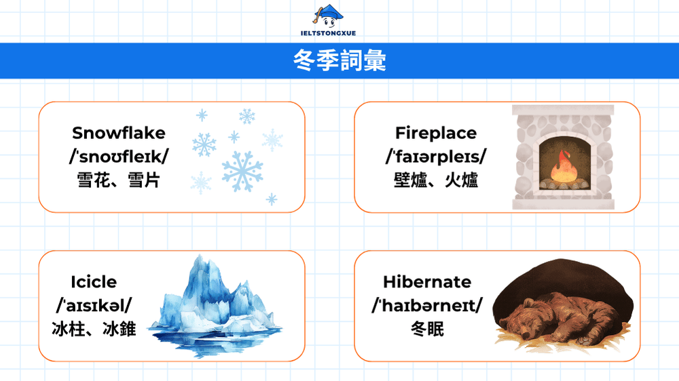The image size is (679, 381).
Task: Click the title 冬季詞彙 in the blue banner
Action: pyautogui.click(x=339, y=61)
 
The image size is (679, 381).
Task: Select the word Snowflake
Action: pyautogui.click(x=119, y=133)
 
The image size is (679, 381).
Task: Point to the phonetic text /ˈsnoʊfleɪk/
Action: pyautogui.click(x=119, y=157)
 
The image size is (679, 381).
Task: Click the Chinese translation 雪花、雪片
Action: pyautogui.click(x=119, y=180)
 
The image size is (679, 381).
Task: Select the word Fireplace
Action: pyautogui.click(x=436, y=133)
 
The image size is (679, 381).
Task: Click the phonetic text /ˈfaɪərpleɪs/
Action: pyautogui.click(x=436, y=157)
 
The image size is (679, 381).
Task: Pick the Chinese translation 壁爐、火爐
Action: pyautogui.click(x=436, y=180)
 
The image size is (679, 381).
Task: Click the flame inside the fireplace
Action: pyautogui.click(x=563, y=167)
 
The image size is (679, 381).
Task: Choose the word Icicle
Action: pyautogui.click(x=94, y=282)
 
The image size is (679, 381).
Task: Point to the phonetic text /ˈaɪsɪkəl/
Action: pyautogui.click(x=94, y=306)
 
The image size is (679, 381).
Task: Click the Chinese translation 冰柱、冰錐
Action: pyautogui.click(x=94, y=329)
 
